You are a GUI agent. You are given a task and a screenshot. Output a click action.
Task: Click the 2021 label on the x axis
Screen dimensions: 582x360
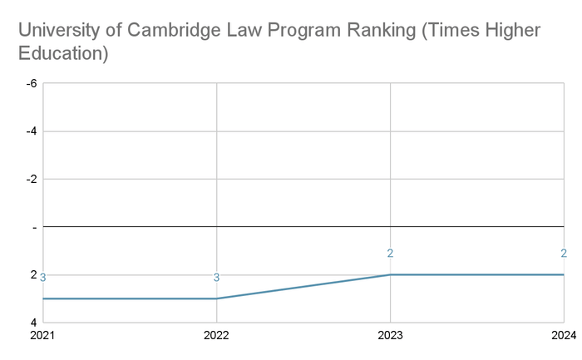pos(42,335)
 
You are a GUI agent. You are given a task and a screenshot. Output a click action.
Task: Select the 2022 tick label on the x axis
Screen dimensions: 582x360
pos(216,335)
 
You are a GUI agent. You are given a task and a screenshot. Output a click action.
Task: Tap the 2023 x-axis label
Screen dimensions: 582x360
pos(390,335)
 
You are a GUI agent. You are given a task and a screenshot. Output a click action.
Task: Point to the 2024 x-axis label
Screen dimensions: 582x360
pos(564,335)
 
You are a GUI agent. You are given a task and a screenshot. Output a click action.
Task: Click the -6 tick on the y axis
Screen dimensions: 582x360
pos(32,83)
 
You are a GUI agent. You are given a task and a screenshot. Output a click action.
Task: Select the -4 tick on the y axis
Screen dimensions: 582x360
pos(32,131)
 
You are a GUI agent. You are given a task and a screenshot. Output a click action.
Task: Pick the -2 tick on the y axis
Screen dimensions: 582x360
pos(32,179)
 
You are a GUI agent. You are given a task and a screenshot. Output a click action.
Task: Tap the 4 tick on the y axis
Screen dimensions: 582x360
pos(34,322)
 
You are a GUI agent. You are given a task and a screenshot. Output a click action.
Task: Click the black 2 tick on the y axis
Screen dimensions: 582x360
pos(34,274)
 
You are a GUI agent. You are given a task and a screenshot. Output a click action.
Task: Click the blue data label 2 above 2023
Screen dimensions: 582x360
pos(390,253)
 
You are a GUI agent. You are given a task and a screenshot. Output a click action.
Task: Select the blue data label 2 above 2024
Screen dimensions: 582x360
pos(564,253)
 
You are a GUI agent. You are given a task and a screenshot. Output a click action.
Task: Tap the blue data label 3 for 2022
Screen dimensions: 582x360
pos(216,277)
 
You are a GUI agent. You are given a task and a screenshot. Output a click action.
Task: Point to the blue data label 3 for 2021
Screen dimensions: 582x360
pos(42,277)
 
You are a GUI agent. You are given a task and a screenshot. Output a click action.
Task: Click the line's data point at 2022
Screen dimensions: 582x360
pos(217,298)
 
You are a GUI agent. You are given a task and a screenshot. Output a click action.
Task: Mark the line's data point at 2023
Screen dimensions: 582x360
pos(390,274)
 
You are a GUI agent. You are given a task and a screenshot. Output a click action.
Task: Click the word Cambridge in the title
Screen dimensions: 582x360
pos(174,30)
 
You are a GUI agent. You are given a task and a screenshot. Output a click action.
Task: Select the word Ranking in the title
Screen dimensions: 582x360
pos(381,31)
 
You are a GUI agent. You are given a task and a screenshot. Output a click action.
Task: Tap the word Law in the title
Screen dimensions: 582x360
pos(244,30)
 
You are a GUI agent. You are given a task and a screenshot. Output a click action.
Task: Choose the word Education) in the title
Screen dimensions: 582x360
pos(63,53)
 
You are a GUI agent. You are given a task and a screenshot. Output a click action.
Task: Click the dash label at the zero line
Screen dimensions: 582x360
pos(35,228)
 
